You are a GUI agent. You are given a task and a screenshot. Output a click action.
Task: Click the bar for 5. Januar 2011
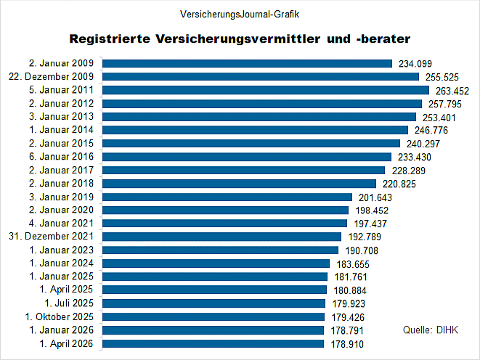[x=265, y=90]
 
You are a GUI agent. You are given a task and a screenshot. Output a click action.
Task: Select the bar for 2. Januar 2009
[x=247, y=63]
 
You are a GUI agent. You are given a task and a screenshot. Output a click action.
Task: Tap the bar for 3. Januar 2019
[x=227, y=197]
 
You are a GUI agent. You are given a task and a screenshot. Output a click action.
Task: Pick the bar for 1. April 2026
[x=213, y=344]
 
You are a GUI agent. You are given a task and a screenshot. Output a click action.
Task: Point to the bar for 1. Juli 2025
[x=213, y=303]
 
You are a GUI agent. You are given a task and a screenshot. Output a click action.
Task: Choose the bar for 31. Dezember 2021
[x=221, y=237]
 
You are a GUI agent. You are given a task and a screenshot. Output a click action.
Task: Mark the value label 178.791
[x=345, y=331]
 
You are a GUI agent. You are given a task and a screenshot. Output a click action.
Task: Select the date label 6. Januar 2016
[x=62, y=157]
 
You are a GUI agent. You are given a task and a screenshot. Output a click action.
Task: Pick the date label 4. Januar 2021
[x=62, y=224]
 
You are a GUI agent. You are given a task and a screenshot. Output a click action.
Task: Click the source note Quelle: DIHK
[x=430, y=330]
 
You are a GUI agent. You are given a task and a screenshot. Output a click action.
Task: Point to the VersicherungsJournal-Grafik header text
[x=240, y=14]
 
